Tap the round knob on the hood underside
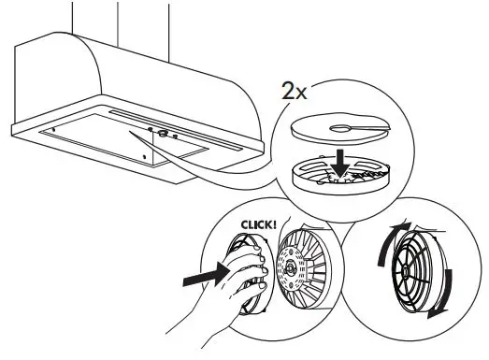tap(163, 133)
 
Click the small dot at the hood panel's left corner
tap(53, 129)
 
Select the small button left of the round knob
tap(149, 129)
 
